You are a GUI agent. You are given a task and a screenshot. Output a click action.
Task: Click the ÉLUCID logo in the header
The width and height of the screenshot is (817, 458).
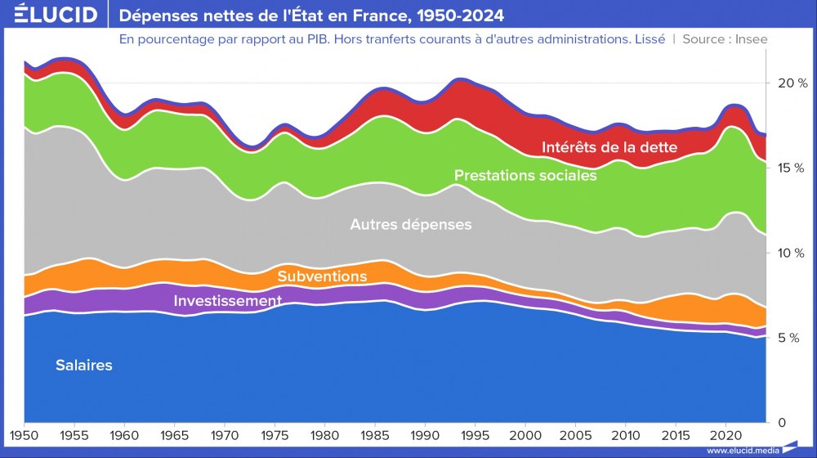pyautogui.click(x=56, y=15)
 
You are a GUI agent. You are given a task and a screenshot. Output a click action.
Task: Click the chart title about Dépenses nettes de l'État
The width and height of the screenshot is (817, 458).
pyautogui.click(x=311, y=15)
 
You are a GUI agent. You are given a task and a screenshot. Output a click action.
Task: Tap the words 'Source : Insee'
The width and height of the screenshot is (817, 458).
pyautogui.click(x=725, y=38)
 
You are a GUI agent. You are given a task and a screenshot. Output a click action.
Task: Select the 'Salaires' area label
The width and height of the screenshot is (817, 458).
pyautogui.click(x=84, y=366)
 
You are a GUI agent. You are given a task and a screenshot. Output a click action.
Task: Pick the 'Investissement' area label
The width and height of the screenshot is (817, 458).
pyautogui.click(x=227, y=301)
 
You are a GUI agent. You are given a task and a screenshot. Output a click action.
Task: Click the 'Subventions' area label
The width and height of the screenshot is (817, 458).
pyautogui.click(x=322, y=276)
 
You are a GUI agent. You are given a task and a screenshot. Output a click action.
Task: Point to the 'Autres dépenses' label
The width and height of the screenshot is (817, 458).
pyautogui.click(x=410, y=224)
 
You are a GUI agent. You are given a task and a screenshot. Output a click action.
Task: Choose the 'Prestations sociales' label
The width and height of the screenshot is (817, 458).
pyautogui.click(x=525, y=175)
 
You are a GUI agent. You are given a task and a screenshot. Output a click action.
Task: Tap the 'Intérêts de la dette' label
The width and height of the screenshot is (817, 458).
pyautogui.click(x=609, y=147)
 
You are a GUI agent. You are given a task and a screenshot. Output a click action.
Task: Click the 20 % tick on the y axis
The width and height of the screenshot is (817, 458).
pyautogui.click(x=792, y=83)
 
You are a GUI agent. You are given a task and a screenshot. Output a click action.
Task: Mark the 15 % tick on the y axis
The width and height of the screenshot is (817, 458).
pyautogui.click(x=792, y=168)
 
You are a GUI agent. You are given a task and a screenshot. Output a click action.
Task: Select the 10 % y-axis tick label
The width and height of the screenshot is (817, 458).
pyautogui.click(x=792, y=253)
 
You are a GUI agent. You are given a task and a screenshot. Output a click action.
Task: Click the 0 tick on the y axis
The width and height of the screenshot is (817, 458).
pyautogui.click(x=782, y=423)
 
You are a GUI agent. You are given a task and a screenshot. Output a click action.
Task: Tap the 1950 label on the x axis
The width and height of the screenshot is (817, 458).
pyautogui.click(x=25, y=433)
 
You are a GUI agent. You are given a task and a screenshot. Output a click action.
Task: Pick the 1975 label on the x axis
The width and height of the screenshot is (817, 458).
pyautogui.click(x=275, y=433)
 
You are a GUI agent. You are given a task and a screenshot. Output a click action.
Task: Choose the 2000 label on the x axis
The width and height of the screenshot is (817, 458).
pyautogui.click(x=525, y=433)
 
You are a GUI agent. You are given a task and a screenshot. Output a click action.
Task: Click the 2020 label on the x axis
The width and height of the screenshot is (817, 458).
pyautogui.click(x=725, y=433)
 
